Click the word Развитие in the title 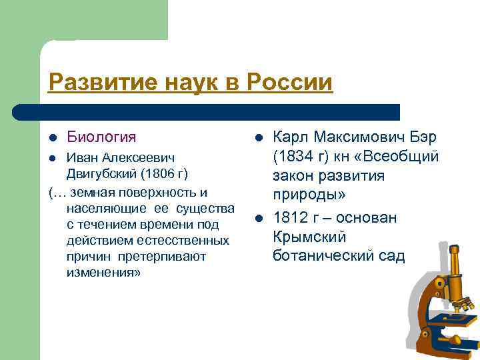pyautogui.click(x=93, y=83)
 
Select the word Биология pyautogui.click(x=101, y=137)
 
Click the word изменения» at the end pyautogui.click(x=103, y=273)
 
